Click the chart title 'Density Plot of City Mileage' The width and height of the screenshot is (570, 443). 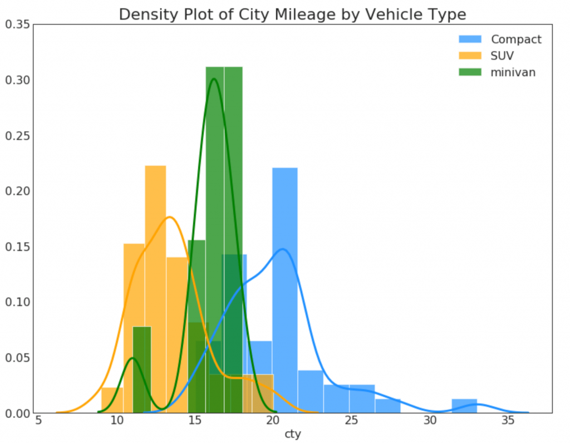(292, 14)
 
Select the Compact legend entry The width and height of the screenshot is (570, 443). (515, 40)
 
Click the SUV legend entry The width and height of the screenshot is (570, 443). (502, 56)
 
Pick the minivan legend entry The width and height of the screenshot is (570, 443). (513, 72)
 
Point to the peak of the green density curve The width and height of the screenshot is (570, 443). (214, 78)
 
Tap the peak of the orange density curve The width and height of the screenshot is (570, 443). (170, 217)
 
